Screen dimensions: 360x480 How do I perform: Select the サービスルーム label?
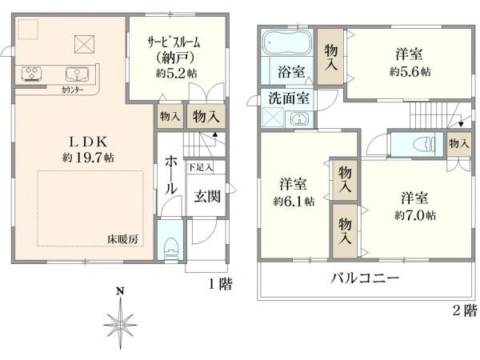click(x=173, y=42)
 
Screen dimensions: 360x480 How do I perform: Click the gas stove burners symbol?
click(x=34, y=74)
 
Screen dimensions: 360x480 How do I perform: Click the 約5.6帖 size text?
click(x=410, y=71)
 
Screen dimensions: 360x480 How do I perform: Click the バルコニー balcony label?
click(x=366, y=279)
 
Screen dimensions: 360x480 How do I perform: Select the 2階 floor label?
click(x=464, y=310)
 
